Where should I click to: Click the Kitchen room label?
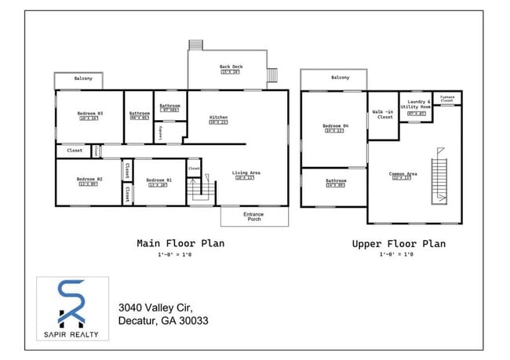[x=218, y=118]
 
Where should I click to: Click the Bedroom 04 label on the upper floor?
[x=334, y=126]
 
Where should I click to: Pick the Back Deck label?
[x=231, y=67]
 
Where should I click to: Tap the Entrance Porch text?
[x=253, y=216]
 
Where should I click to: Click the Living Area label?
[x=246, y=173]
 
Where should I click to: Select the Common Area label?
[x=403, y=174]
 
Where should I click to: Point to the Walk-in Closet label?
[x=384, y=115]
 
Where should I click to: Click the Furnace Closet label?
[x=446, y=99]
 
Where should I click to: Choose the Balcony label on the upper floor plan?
[x=340, y=78]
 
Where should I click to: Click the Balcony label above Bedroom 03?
[x=84, y=78]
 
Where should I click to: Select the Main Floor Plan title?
[x=180, y=243]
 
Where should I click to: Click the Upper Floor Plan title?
[x=399, y=244]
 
